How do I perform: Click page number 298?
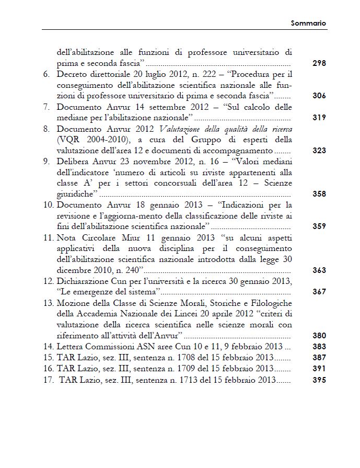click(319, 63)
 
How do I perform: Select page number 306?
click(319, 96)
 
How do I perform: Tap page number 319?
click(319, 118)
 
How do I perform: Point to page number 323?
click(319, 151)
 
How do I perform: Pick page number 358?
click(319, 194)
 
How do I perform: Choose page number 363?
click(319, 270)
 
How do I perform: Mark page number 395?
click(319, 380)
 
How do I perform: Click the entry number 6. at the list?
click(47, 75)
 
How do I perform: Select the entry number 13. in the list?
click(48, 303)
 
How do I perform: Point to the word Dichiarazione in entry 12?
click(82, 281)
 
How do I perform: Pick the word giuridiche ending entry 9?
click(74, 195)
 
